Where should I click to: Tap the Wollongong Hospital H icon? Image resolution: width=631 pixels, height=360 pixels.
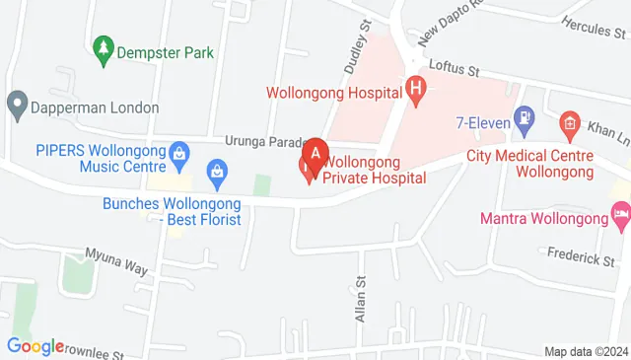click(416, 92)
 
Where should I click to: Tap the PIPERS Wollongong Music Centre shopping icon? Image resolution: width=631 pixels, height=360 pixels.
click(178, 153)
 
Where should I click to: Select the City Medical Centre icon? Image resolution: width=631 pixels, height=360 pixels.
click(568, 123)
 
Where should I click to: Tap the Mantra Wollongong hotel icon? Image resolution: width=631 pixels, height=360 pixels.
click(620, 212)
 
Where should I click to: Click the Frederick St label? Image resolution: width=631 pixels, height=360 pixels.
click(581, 259)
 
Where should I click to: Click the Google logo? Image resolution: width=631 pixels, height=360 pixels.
click(35, 346)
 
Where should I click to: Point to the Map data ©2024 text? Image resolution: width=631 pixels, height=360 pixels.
click(586, 351)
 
